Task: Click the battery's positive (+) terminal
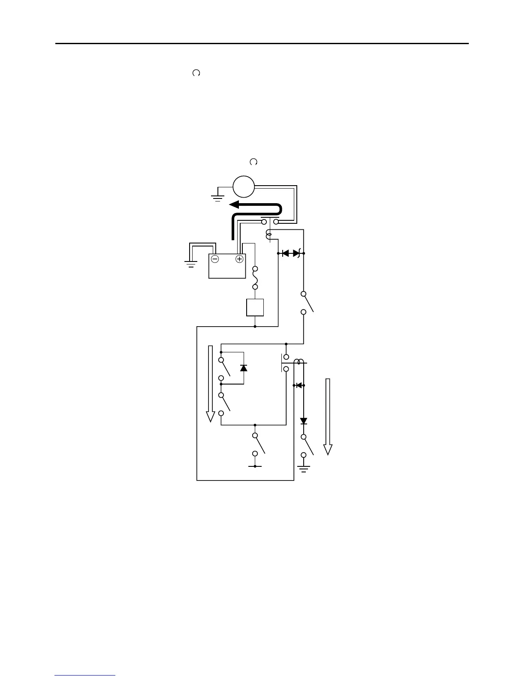pos(239,259)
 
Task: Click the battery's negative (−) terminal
pos(215,259)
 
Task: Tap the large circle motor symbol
pos(244,187)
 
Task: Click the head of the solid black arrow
pos(234,204)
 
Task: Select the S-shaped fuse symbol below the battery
pos(255,277)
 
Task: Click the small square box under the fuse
pos(255,307)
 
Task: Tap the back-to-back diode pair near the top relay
pos(291,253)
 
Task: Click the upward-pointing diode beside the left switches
pos(244,368)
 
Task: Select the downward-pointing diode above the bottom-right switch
pos(304,421)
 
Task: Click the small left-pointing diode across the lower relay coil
pos(299,385)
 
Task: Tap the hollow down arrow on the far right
pos(328,416)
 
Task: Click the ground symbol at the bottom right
pos(304,469)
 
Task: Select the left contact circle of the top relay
pos(264,222)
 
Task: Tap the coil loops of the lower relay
pos(299,362)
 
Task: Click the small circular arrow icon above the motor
pos(253,162)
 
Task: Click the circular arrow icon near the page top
pos(196,73)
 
